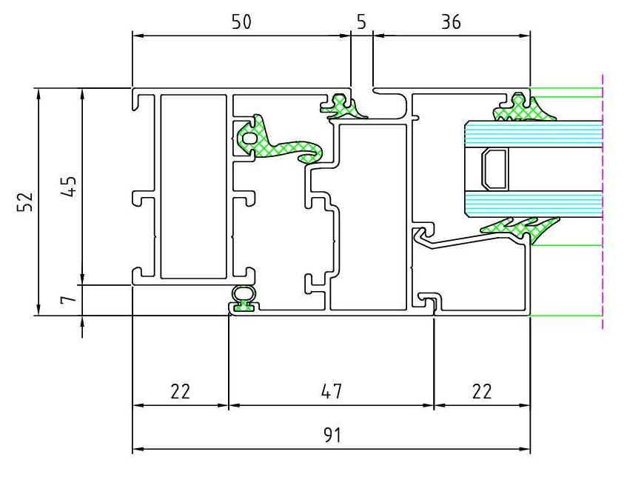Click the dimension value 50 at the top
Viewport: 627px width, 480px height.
(242, 21)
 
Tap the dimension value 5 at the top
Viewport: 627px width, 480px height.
(361, 21)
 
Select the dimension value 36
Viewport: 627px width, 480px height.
(451, 21)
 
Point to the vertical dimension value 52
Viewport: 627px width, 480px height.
(24, 201)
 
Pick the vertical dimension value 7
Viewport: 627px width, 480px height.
(68, 299)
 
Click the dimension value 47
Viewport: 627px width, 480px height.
(332, 391)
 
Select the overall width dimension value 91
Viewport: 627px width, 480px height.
(332, 436)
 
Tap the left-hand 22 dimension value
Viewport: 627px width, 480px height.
(181, 391)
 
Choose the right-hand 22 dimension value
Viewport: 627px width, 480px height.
(482, 391)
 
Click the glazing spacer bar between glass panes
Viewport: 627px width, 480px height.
(494, 170)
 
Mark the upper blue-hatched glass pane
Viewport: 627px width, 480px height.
(534, 134)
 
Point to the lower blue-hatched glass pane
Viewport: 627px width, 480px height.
(534, 204)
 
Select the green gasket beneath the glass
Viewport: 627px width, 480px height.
(520, 229)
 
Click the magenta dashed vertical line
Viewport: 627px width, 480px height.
(603, 202)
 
